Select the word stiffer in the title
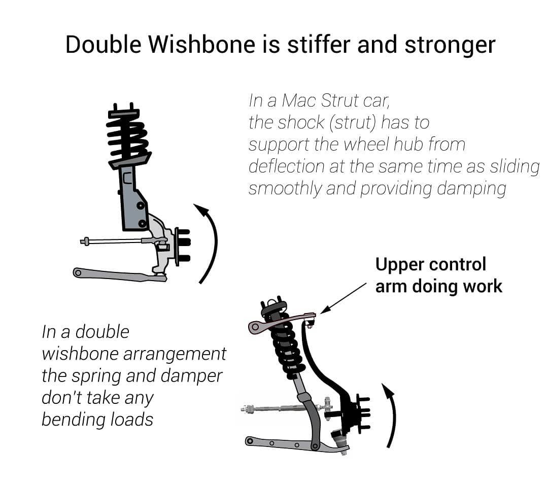click(318, 44)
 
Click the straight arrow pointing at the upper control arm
click(344, 298)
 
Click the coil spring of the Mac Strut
click(128, 138)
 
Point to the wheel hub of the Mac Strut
click(182, 247)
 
